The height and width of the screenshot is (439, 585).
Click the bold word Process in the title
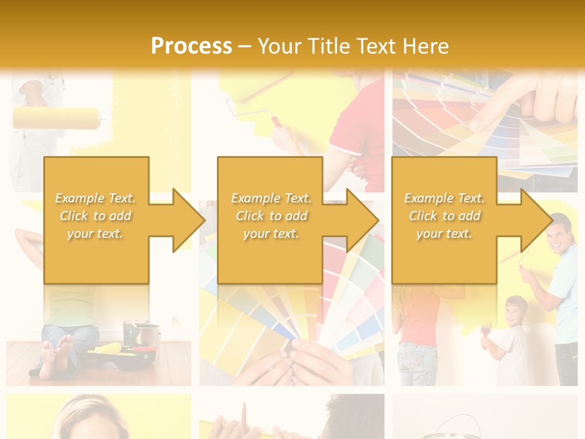pyautogui.click(x=191, y=46)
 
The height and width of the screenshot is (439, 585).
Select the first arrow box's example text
pyautogui.click(x=96, y=216)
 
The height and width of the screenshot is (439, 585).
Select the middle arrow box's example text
pyautogui.click(x=271, y=216)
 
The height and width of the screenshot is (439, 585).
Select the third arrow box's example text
pyautogui.click(x=444, y=216)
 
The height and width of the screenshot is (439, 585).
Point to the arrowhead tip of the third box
pyautogui.click(x=551, y=220)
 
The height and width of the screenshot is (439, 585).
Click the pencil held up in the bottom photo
pyautogui.click(x=244, y=415)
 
